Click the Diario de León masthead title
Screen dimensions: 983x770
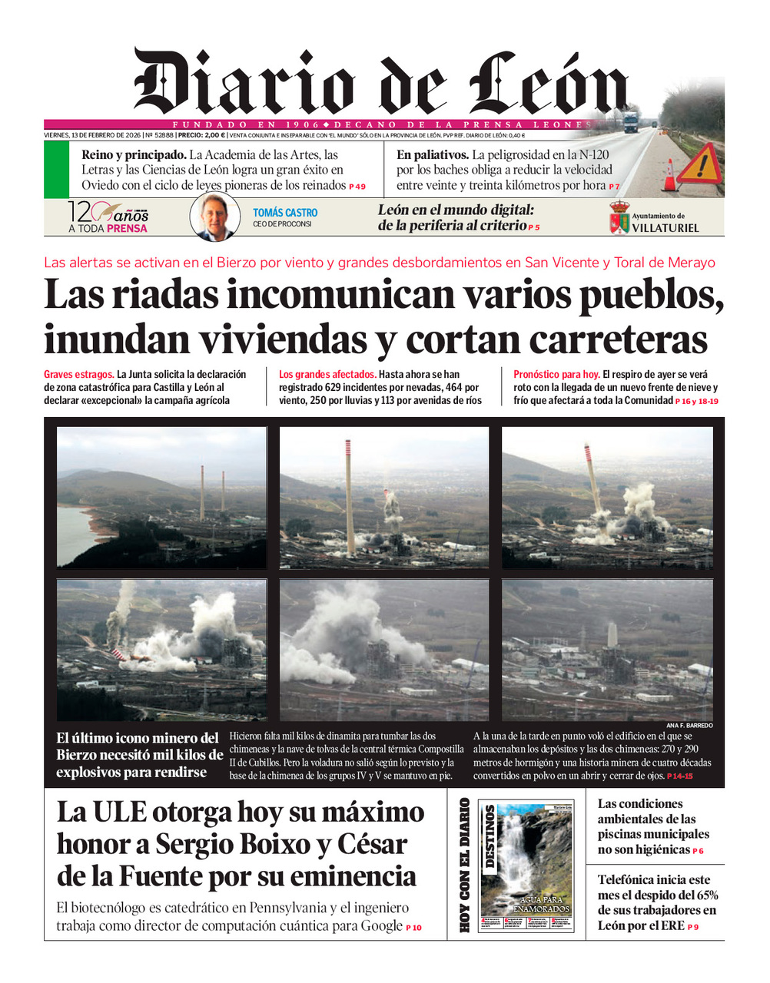tap(380, 83)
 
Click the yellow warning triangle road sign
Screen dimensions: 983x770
tap(700, 164)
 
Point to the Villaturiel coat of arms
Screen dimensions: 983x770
tap(619, 218)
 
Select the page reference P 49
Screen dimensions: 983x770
tap(357, 187)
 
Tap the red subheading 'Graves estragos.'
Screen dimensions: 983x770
tap(79, 375)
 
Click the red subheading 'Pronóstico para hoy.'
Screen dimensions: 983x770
tap(556, 375)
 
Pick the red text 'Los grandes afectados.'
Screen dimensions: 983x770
tap(327, 375)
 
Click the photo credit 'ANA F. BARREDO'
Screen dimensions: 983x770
tap(689, 726)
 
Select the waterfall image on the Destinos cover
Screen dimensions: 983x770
tap(527, 852)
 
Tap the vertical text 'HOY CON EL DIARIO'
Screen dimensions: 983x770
tap(464, 866)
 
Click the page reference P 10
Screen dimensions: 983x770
tap(413, 928)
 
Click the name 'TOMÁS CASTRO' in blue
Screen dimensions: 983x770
tap(285, 213)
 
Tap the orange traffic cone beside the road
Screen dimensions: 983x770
tap(670, 176)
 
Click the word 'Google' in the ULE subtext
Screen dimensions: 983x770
tap(381, 925)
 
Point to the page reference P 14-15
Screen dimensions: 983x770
tap(680, 776)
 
